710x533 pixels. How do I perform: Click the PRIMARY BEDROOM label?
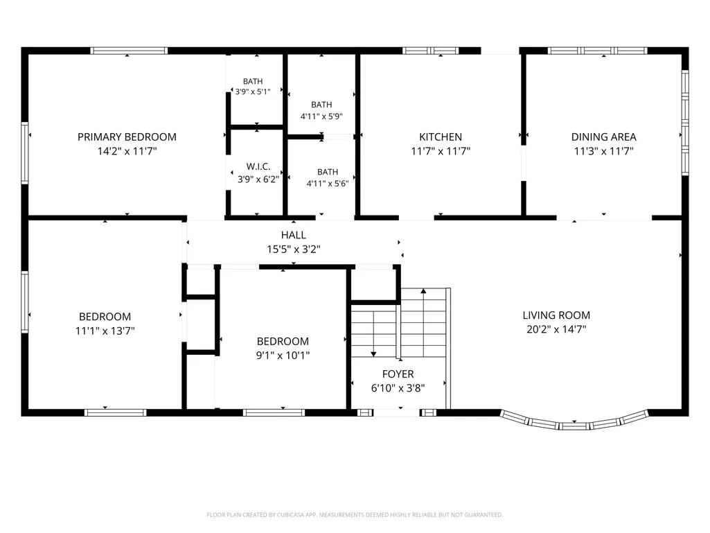127,137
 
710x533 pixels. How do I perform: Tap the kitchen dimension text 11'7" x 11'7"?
441,151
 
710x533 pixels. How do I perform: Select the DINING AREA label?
603,137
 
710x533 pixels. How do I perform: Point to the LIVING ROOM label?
556,315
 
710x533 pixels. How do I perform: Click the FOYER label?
398,374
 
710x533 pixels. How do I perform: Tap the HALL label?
294,235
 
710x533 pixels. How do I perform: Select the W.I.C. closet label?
258,166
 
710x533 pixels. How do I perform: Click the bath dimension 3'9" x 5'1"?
253,91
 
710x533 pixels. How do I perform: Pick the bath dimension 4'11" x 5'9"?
321,116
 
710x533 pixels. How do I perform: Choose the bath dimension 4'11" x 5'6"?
328,184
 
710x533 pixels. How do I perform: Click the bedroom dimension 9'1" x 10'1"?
283,356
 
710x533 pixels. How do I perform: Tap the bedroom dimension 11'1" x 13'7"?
105,331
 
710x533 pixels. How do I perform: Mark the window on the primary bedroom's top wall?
129,51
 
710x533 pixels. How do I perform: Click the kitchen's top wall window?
431,51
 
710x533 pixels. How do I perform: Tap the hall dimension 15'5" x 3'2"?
294,249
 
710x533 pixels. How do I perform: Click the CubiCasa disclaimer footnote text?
355,515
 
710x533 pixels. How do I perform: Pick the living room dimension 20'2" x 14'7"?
556,329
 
